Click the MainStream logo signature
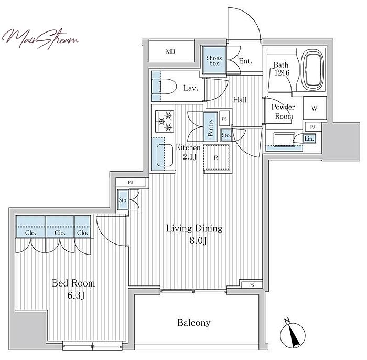(40, 39)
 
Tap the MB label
(170, 51)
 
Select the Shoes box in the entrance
(214, 60)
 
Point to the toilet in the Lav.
(164, 87)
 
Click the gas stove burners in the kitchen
(165, 121)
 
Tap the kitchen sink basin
(165, 155)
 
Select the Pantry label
(210, 128)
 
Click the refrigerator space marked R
(216, 157)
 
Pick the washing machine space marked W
(315, 108)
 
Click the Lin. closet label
(309, 139)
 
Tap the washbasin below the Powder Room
(284, 140)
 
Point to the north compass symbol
(293, 333)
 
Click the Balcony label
(194, 323)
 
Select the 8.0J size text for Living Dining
(198, 240)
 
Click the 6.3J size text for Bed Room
(76, 296)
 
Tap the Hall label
(240, 100)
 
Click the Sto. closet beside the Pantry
(226, 135)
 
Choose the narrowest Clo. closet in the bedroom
(83, 227)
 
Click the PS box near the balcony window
(252, 285)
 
